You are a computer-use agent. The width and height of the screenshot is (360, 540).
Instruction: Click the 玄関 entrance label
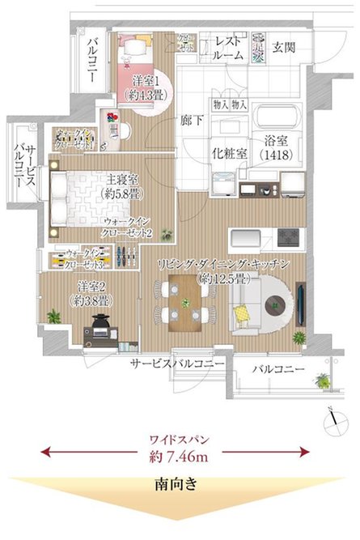pos(283,46)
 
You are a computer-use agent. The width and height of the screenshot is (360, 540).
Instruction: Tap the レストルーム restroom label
pos(229,49)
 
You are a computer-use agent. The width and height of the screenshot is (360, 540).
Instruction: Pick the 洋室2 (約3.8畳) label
pos(91,292)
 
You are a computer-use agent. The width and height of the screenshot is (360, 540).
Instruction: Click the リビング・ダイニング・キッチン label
pos(228,265)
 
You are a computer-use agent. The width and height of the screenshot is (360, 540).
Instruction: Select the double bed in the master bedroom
pos(77,198)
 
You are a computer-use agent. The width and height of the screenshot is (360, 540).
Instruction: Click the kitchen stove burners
pos(289,236)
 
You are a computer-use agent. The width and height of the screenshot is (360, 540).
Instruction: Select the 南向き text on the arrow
pos(179,486)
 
